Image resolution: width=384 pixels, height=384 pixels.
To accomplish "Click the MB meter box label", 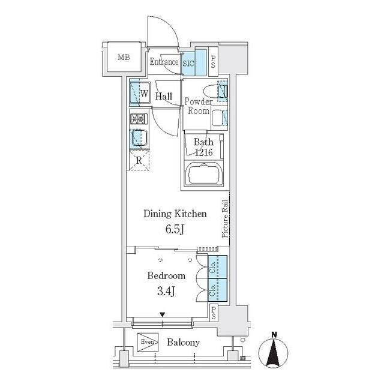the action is (124, 58).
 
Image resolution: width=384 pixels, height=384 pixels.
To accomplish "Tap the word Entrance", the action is (164, 62).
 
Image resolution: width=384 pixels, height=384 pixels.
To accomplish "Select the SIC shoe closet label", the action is (188, 64).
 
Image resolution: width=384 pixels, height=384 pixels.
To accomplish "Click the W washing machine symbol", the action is (145, 94).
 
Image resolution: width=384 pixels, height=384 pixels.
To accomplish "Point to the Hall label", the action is (164, 96).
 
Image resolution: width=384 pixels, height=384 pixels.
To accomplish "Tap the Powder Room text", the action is (199, 106).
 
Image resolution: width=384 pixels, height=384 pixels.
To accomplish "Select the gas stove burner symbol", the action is (139, 119).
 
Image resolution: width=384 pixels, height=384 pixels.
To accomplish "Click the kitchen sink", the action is (139, 138).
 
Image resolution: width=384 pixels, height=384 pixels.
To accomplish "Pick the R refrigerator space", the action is (139, 160).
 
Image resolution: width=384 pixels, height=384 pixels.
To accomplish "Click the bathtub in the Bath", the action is (204, 173).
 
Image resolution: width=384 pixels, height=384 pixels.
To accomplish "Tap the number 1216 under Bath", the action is (203, 152).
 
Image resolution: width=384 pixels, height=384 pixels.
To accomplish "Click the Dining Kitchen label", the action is (175, 214).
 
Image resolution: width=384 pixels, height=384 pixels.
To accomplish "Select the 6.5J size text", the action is (175, 229).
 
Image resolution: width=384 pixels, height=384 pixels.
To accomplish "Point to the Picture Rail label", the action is (225, 218).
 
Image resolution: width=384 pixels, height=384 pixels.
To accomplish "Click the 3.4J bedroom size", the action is (166, 292).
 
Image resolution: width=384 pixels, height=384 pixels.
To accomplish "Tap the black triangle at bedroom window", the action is (162, 314).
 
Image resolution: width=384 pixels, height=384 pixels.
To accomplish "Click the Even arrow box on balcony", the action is (148, 342).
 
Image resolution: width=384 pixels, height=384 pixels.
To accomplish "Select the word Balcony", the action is (183, 342).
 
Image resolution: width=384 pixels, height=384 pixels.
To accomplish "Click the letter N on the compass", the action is (274, 335).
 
